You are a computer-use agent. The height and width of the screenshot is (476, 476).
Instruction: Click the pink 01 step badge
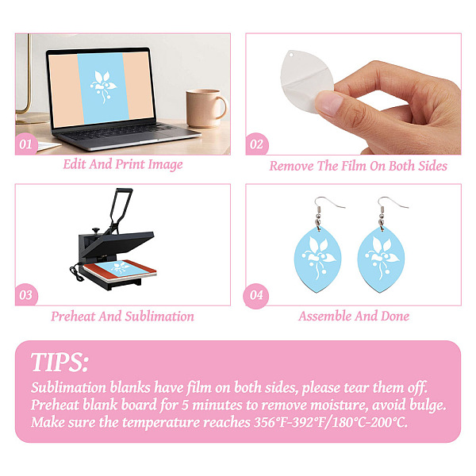(26, 144)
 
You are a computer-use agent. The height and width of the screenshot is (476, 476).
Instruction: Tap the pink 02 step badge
(257, 144)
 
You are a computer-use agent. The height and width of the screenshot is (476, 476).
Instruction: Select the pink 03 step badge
(26, 295)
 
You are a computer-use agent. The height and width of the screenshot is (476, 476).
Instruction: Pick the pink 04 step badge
(256, 296)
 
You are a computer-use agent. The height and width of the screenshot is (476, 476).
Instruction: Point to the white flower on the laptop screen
(103, 86)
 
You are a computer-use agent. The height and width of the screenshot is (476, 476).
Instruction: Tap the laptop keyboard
(118, 132)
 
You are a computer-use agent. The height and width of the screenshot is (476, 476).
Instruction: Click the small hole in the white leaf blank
(291, 56)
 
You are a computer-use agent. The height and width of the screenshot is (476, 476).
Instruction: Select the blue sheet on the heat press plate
(121, 267)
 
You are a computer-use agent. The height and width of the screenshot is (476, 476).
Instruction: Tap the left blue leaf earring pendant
(318, 259)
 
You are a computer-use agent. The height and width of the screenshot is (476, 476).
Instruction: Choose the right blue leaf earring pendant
(381, 259)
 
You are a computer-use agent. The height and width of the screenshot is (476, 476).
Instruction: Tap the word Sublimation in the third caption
(159, 317)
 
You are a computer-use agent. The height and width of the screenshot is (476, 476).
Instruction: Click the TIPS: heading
(59, 363)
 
